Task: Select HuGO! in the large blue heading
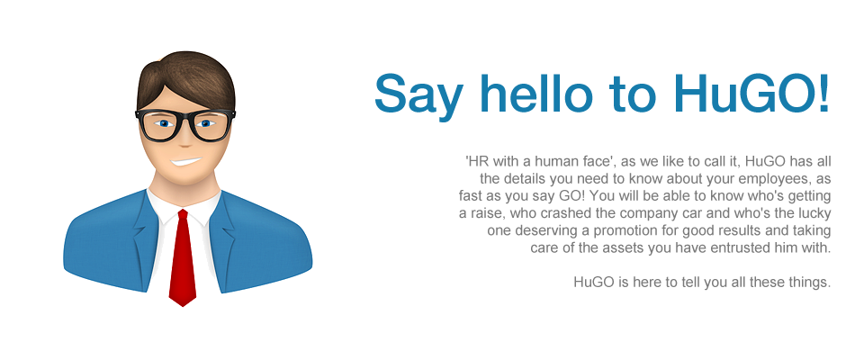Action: (x=751, y=94)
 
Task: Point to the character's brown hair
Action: (x=187, y=77)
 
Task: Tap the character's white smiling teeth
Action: (x=185, y=162)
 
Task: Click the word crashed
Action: (x=555, y=213)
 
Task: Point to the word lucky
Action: (x=815, y=213)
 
